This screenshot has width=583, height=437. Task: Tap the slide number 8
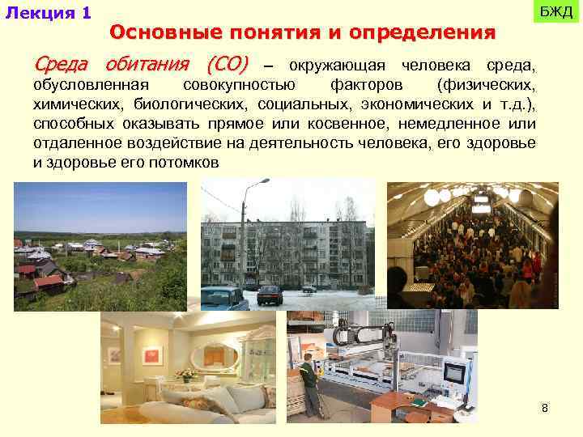[545, 408]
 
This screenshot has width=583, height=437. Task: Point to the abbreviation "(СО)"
[228, 64]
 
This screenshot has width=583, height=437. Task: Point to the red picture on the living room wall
[151, 355]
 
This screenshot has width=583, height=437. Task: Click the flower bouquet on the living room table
[187, 374]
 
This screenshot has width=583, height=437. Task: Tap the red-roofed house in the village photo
[49, 282]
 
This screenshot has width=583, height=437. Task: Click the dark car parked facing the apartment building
[270, 295]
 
